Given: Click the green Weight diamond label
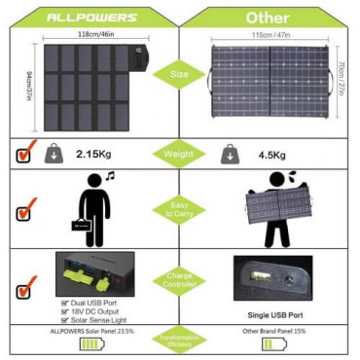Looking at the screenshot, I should [181, 154].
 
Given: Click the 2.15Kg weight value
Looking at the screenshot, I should [98, 155].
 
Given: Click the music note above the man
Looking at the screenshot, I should [109, 176].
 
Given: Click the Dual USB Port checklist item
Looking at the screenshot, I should [92, 302].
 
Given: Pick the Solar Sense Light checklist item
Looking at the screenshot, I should [98, 319].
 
